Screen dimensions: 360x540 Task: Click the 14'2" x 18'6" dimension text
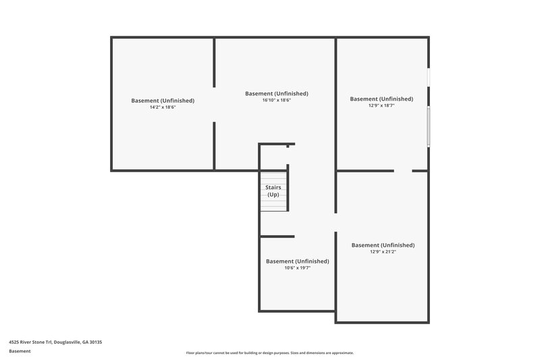pos(163,107)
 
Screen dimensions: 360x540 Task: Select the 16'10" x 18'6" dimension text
pos(277,100)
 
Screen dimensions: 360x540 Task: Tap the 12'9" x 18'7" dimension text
pos(381,105)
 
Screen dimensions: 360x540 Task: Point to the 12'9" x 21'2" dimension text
pos(383,251)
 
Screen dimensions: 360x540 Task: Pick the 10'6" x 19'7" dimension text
pos(297,267)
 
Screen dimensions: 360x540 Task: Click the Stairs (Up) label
pos(273,191)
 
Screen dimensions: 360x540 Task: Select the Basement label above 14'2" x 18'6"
pos(163,101)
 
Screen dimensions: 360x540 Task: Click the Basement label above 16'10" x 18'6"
pos(277,93)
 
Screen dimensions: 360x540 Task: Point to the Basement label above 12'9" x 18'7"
pos(381,99)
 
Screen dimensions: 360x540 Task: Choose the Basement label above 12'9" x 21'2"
pos(383,245)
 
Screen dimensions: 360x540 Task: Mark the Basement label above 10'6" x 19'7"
pos(297,261)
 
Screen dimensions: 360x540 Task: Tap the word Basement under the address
pos(20,351)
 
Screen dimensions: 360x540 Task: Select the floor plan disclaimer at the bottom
pos(270,353)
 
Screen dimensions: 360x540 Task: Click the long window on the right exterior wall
pos(428,127)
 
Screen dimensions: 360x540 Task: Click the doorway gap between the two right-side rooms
pos(403,171)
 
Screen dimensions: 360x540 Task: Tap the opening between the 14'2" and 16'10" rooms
pos(215,104)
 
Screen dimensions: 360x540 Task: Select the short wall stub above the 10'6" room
pos(277,236)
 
